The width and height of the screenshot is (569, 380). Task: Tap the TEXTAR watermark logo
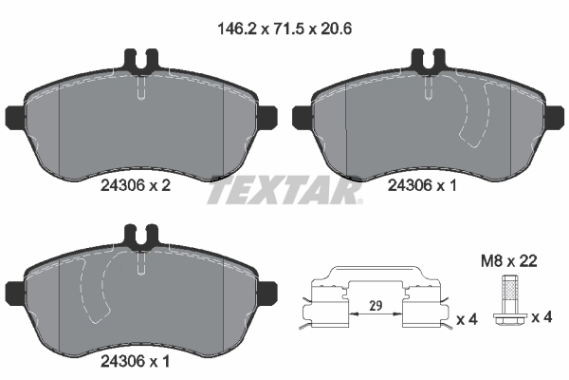pyautogui.click(x=284, y=191)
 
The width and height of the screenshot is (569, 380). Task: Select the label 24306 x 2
pyautogui.click(x=135, y=187)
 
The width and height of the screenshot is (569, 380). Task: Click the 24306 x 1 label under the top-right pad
pyautogui.click(x=422, y=187)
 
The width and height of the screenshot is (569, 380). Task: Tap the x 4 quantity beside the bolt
pyautogui.click(x=541, y=316)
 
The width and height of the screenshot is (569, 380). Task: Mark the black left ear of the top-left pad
pyautogui.click(x=12, y=117)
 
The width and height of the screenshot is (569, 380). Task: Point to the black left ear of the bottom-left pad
pyautogui.click(x=12, y=290)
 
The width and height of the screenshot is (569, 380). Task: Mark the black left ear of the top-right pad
pyautogui.click(x=300, y=117)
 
